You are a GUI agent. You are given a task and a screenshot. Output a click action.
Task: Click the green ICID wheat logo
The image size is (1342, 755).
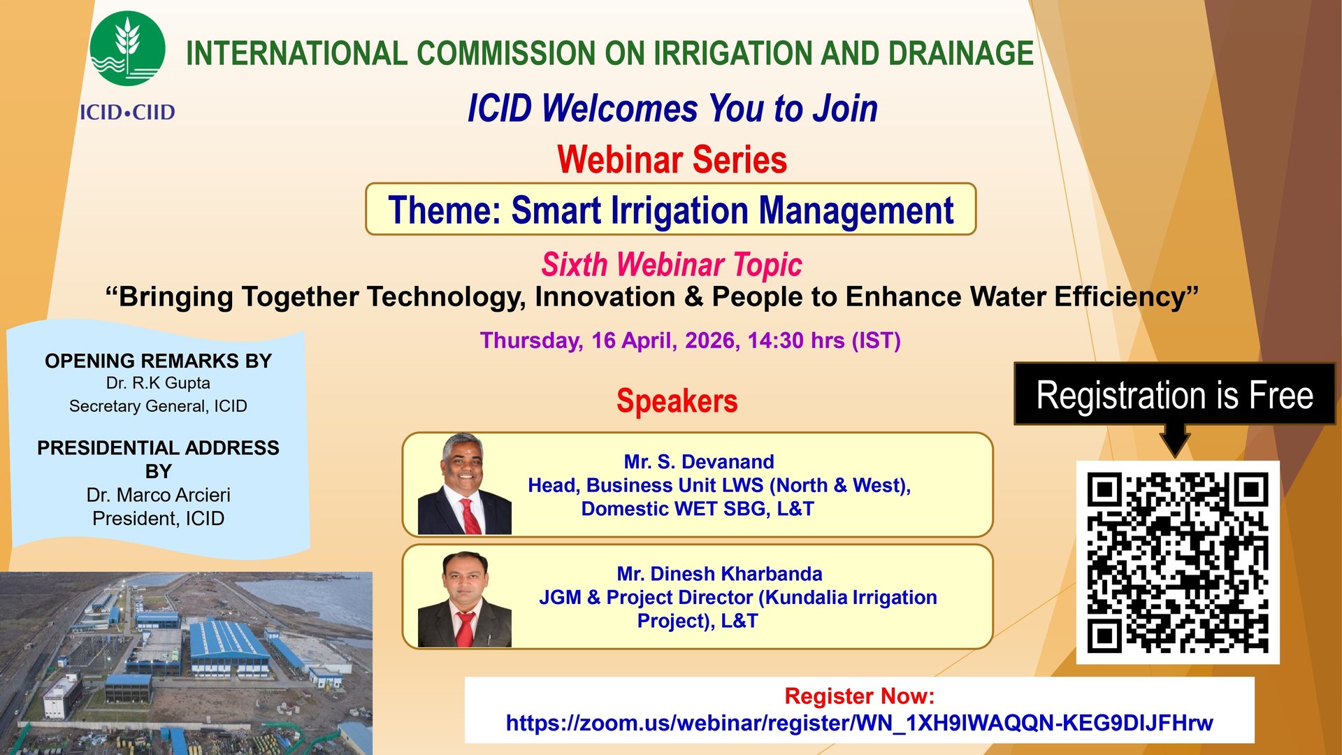click(127, 48)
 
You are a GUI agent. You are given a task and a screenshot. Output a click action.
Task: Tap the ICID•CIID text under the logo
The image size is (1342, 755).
click(127, 112)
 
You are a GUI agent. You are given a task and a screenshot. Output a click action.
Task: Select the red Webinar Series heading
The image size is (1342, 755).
click(672, 159)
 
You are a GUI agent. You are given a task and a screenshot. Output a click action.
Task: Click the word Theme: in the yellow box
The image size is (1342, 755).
click(445, 210)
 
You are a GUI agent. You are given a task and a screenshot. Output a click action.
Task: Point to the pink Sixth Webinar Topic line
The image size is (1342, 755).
click(672, 265)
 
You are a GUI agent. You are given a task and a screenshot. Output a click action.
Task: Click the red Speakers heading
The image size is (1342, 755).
click(677, 401)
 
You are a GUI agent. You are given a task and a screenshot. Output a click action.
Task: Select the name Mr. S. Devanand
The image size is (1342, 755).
click(699, 461)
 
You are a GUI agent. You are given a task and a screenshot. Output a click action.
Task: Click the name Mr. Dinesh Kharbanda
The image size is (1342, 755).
click(719, 574)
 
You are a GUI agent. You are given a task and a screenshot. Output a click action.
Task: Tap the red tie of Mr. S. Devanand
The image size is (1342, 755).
click(469, 517)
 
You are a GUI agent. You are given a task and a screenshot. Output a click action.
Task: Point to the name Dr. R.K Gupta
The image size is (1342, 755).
click(158, 383)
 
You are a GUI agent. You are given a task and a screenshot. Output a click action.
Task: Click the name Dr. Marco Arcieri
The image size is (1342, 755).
click(158, 495)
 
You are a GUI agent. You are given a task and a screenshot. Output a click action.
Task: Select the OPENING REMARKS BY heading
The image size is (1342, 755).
click(158, 361)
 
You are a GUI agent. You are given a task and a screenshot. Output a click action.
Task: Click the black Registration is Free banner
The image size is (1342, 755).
click(1174, 394)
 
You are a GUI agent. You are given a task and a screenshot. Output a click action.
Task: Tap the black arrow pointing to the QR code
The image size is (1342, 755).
click(1175, 440)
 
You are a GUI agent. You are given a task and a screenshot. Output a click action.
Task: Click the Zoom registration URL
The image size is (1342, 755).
click(859, 723)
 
